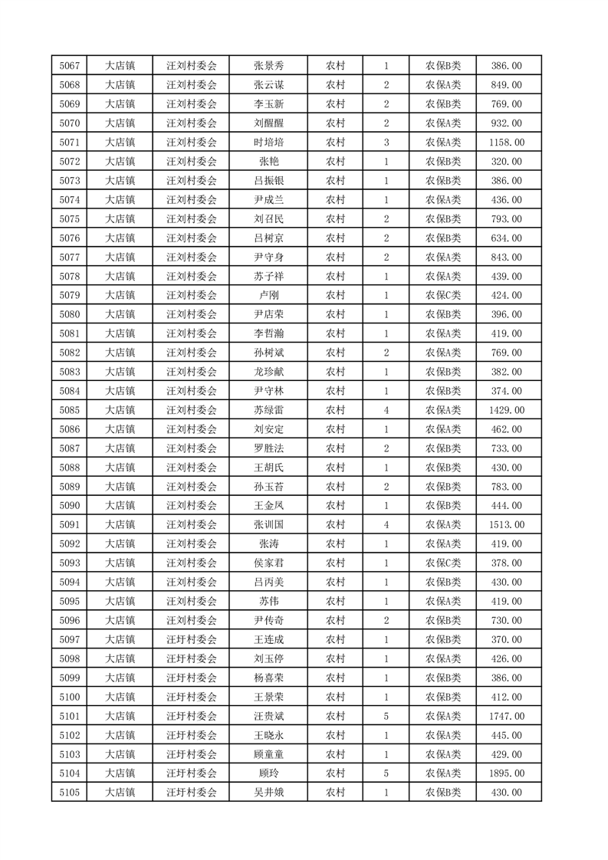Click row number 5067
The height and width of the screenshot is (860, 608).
pos(69,66)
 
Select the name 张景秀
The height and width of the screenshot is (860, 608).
pos(268,66)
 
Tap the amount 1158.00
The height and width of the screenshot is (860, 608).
pos(506,143)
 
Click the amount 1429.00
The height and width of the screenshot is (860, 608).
pos(506,410)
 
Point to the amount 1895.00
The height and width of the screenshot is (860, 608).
pos(506,773)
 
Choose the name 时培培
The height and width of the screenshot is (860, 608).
pos(268,143)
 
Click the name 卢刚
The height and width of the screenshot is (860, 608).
pos(268,295)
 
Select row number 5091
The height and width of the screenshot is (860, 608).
pos(69,525)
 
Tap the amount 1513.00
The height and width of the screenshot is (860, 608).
pos(506,525)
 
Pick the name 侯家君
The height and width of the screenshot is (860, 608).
pos(268,563)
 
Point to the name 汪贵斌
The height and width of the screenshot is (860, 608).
pos(268,716)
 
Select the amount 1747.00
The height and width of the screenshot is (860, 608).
pos(506,716)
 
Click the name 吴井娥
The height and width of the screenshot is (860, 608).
pos(268,793)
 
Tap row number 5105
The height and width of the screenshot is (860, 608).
pos(69,793)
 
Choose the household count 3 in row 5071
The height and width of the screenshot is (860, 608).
pos(386,143)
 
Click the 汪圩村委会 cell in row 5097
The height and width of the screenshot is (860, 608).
pos(192,639)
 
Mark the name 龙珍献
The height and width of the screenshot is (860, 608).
pos(268,372)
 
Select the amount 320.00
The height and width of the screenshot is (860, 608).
pos(506,162)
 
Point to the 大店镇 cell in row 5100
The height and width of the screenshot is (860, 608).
pos(120,697)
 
